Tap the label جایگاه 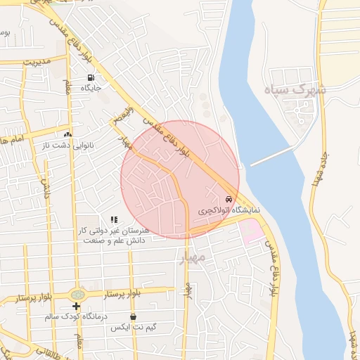(x=91, y=88)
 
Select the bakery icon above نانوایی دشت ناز (x=68, y=134)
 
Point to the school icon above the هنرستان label (x=114, y=220)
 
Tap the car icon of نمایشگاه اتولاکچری (x=229, y=200)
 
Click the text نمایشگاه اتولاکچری (x=228, y=210)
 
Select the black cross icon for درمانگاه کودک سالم (x=77, y=306)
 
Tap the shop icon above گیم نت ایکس (x=134, y=317)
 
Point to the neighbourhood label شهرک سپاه (x=303, y=91)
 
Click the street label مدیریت (x=37, y=62)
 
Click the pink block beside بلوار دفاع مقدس (x=251, y=230)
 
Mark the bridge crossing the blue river (x=271, y=156)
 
